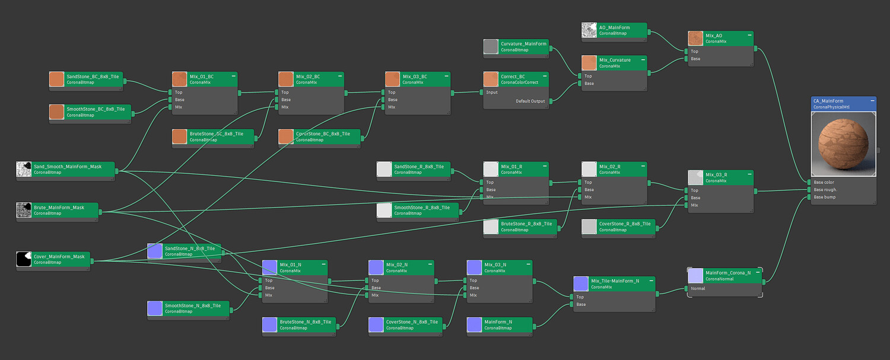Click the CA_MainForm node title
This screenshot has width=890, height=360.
pos(827,101)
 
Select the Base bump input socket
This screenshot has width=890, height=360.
pos(808,197)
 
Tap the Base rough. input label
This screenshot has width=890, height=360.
pos(825,190)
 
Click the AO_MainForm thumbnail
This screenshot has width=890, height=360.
pos(589,30)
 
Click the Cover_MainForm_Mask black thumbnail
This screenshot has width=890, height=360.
pos(23,259)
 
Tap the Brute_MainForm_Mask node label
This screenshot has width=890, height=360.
pos(59,208)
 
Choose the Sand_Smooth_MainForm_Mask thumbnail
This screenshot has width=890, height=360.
pos(23,169)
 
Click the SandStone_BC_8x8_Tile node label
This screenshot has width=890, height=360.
pos(93,77)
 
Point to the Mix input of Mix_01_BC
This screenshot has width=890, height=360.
pos(170,107)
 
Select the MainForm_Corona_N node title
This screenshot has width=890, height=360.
pos(728,273)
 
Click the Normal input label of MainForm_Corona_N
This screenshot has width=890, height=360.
pos(698,289)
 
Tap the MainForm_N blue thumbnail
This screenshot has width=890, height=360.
pos(474,324)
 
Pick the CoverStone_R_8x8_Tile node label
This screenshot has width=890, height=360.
pos(625,224)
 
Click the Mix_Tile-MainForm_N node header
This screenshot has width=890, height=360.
pos(615,281)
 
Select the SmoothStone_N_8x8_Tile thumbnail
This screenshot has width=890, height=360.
pos(154,308)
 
